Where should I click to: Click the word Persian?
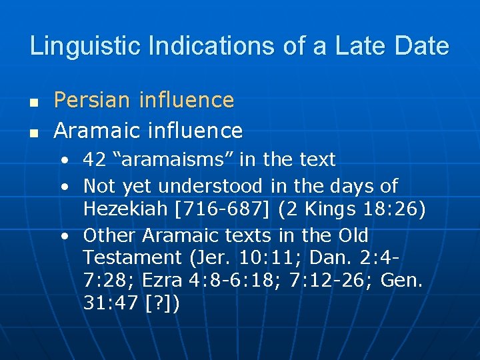[x=93, y=100]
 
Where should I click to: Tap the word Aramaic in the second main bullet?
[x=97, y=130]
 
